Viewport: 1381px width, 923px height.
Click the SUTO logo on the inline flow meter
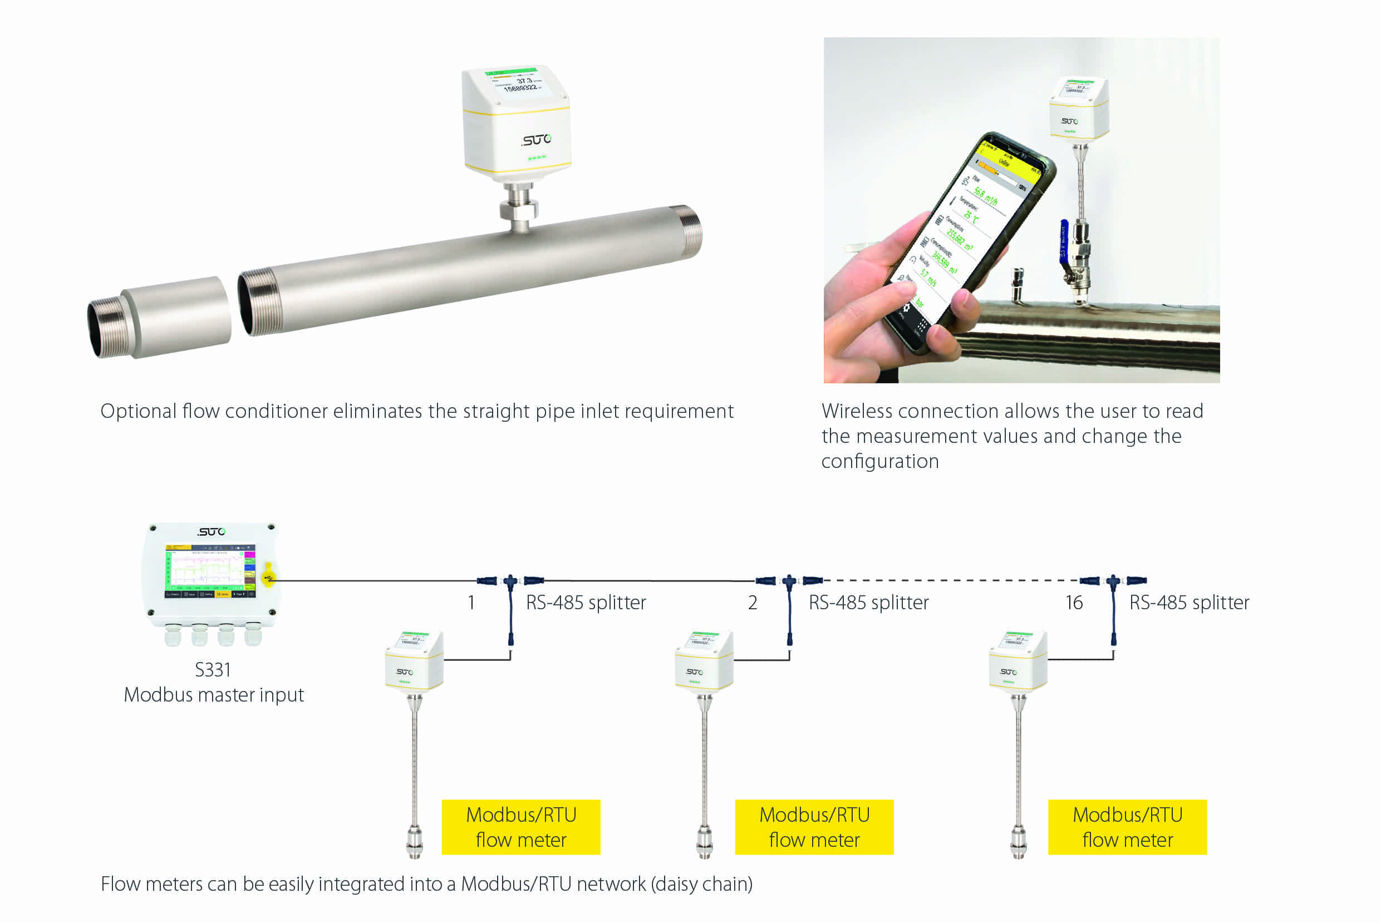click(536, 140)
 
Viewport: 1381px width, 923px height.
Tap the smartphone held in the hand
click(966, 241)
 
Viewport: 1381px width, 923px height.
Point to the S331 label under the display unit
click(213, 670)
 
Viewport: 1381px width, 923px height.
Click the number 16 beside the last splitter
click(1074, 603)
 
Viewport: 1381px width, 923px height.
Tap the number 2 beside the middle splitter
click(753, 603)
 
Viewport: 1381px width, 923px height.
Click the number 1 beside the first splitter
click(471, 603)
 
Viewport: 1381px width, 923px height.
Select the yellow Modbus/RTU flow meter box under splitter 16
click(1127, 827)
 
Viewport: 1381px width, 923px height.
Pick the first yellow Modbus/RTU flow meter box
click(521, 827)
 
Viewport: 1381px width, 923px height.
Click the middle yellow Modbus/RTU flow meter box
click(814, 827)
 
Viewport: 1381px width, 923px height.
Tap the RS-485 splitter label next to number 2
click(869, 603)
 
